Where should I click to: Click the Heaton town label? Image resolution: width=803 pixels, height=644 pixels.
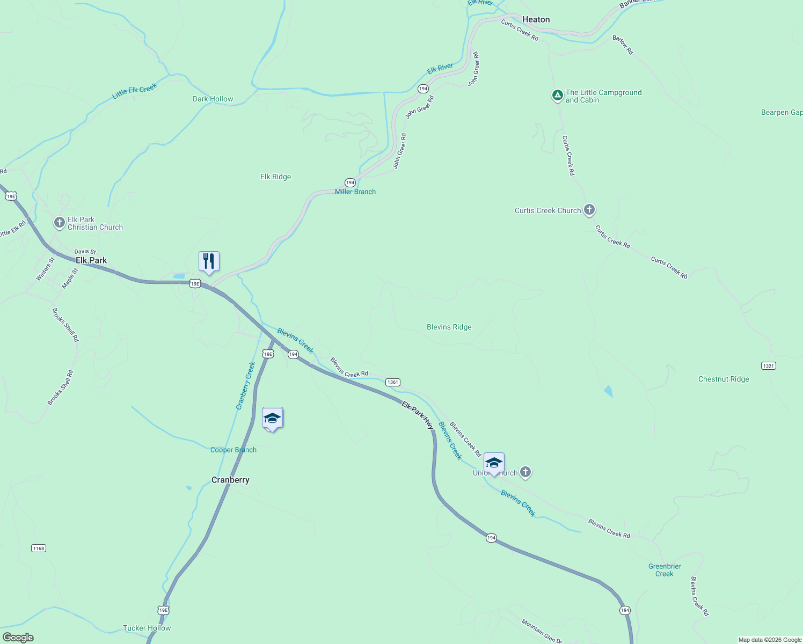(x=536, y=19)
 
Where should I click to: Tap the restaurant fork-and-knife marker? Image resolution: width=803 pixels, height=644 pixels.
(x=209, y=261)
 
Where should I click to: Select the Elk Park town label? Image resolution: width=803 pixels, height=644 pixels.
(x=91, y=260)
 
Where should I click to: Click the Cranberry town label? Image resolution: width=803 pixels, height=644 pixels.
(x=230, y=480)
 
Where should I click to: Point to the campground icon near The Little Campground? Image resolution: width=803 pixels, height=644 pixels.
(x=558, y=96)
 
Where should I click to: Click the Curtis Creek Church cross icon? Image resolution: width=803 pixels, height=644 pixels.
(x=589, y=210)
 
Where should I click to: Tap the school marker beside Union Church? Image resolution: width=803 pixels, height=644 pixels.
(x=494, y=463)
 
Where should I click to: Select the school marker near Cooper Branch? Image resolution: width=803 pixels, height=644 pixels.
(x=272, y=418)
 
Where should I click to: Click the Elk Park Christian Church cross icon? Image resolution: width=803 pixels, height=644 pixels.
(x=60, y=222)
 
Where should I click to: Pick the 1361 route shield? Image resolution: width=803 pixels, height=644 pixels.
(x=393, y=382)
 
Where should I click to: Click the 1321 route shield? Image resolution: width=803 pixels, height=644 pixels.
(x=768, y=365)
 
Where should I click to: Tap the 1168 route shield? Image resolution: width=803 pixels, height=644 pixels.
(x=39, y=548)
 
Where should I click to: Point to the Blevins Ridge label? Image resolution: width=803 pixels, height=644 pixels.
(x=449, y=327)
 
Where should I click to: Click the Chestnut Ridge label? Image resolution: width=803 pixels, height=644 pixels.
(x=723, y=379)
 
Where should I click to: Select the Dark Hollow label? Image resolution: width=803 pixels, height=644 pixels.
(x=213, y=99)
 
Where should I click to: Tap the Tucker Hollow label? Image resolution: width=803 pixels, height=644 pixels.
(x=147, y=628)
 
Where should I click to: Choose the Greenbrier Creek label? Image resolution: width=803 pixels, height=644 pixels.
(x=665, y=570)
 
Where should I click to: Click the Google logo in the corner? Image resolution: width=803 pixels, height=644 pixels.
(x=18, y=638)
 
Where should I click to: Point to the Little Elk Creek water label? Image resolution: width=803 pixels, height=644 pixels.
(x=134, y=91)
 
